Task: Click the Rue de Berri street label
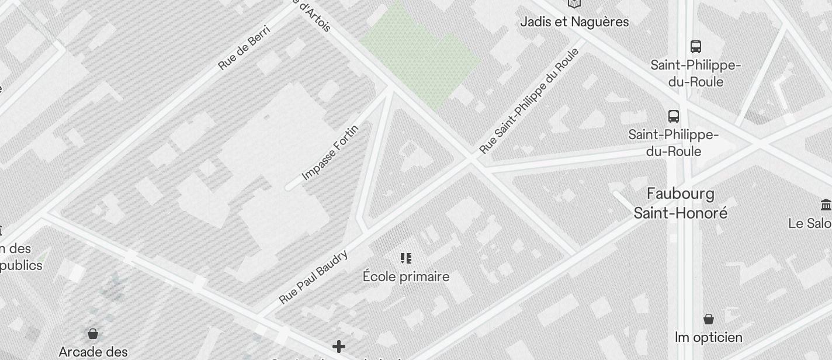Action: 244,47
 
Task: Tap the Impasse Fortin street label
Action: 330,152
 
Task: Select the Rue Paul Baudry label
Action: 314,276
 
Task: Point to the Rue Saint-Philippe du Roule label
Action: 529,101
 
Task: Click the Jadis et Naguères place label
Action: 574,22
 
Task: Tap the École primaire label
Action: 406,276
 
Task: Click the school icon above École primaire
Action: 406,258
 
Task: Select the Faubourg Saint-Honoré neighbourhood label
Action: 681,203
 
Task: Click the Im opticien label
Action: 708,337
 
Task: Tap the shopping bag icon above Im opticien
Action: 709,319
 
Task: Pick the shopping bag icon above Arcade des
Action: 92,334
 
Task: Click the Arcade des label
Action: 93,352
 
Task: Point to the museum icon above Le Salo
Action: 826,205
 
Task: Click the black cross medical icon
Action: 338,347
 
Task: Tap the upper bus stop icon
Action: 695,47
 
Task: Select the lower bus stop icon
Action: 674,116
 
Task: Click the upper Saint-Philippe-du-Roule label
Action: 695,73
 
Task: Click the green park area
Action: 421,56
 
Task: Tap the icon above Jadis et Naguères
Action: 574,4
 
